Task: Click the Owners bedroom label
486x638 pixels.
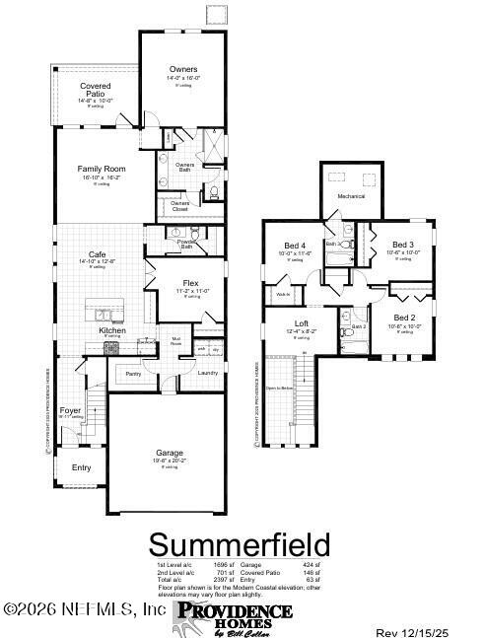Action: pos(184,69)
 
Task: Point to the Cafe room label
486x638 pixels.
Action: pos(98,253)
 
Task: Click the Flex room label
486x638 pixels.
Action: pos(190,283)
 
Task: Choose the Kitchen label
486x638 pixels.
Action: pos(111,330)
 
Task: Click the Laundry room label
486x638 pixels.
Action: pos(207,373)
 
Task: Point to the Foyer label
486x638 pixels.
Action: pos(70,409)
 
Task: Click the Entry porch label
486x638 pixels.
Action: pos(81,466)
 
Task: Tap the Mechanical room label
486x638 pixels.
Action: pos(351,196)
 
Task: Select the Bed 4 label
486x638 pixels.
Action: pos(295,246)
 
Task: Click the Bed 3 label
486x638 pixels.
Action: pos(402,245)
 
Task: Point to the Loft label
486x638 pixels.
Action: pos(302,323)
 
